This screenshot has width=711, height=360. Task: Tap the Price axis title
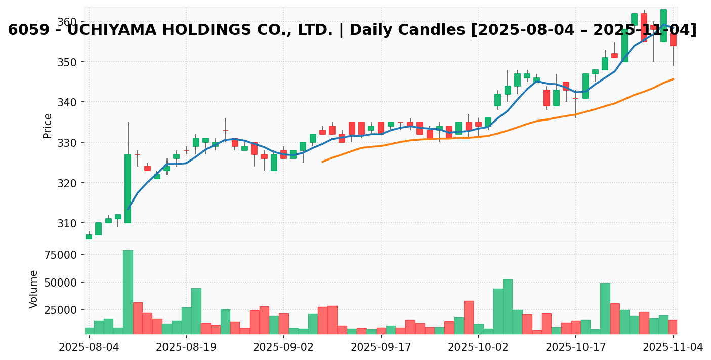tap(48, 126)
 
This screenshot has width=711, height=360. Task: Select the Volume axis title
tap(34, 289)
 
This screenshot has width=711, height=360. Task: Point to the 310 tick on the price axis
tap(67, 223)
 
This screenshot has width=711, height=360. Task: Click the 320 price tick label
tap(67, 183)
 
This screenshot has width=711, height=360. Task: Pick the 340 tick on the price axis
tap(67, 102)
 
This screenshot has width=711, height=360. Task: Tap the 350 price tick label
tap(67, 62)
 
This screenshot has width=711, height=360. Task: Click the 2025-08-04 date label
tap(89, 348)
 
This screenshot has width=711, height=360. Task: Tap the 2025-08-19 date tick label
tap(186, 348)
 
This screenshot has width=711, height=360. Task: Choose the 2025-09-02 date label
tap(283, 348)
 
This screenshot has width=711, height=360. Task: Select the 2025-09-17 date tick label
tap(381, 348)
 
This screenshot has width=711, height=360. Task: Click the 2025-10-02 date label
tap(478, 348)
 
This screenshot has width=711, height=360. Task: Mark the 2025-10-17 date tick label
tap(575, 348)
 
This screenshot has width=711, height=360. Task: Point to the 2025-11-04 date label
tap(673, 348)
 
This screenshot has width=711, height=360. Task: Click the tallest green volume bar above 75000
tap(128, 292)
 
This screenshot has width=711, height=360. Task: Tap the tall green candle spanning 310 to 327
tap(128, 188)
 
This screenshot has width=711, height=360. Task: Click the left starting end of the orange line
tap(322, 162)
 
